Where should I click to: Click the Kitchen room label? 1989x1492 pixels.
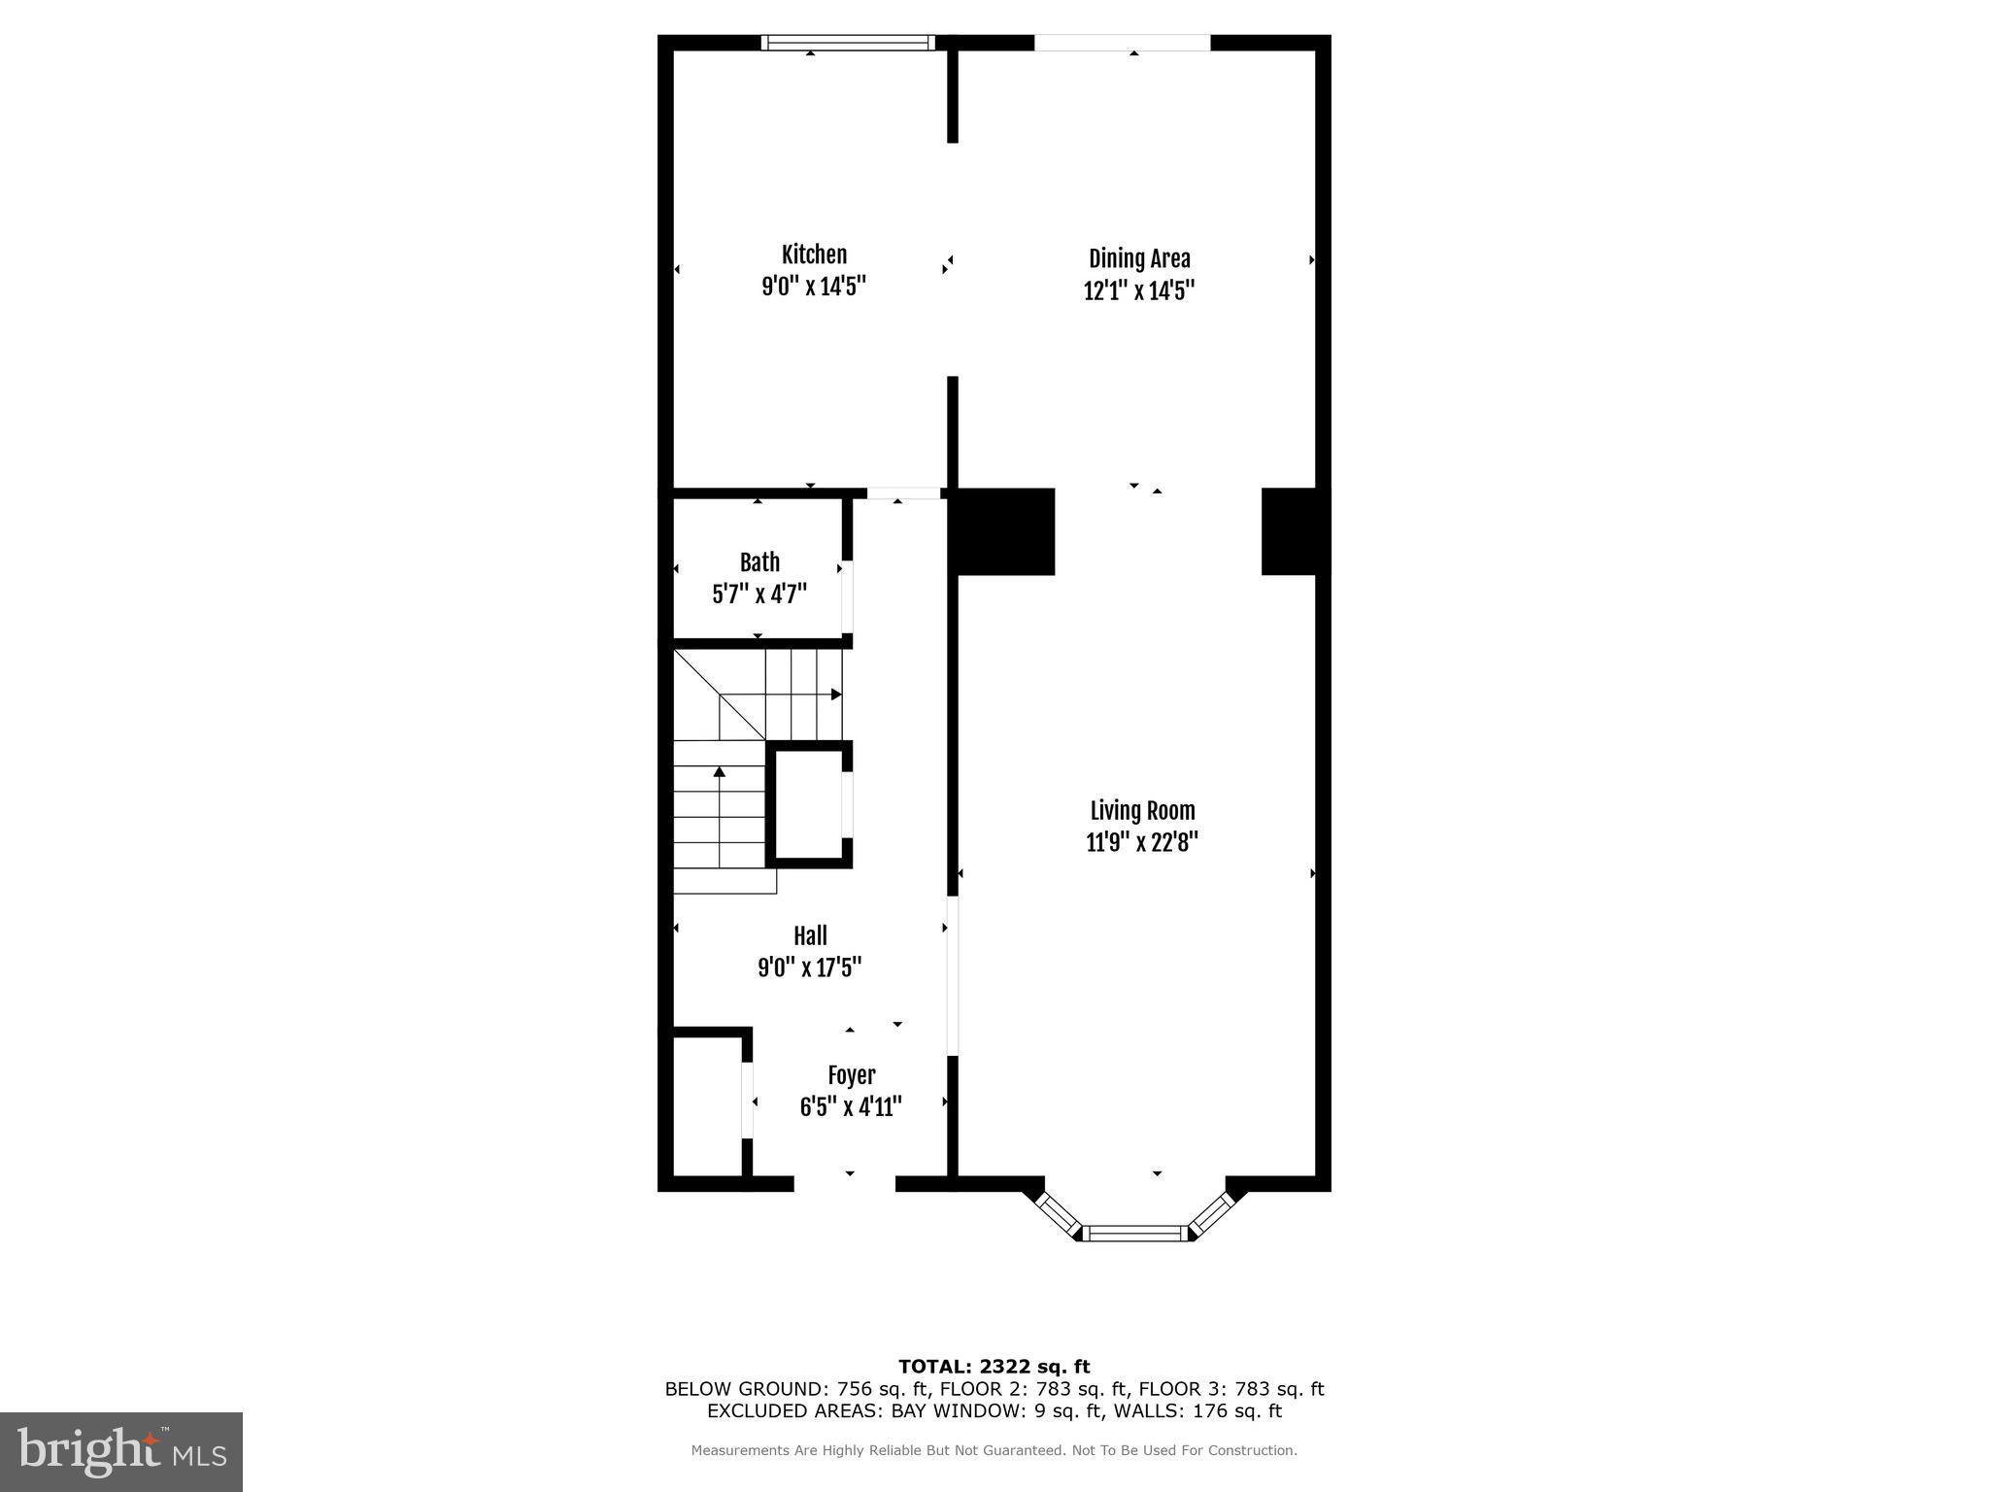tap(814, 254)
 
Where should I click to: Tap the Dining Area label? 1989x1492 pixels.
tap(1138, 258)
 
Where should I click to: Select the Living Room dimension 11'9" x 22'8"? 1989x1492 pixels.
tap(1141, 842)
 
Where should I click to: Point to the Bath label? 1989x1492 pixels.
tap(759, 562)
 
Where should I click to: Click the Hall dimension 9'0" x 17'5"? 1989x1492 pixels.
tap(810, 967)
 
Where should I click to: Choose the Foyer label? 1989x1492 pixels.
tap(851, 1075)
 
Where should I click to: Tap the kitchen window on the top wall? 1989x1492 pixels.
tap(847, 43)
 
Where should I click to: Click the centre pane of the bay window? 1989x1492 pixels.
tap(1135, 1233)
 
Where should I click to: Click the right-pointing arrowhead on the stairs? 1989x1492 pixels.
tap(835, 695)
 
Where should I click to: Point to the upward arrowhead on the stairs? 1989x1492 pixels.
tap(720, 772)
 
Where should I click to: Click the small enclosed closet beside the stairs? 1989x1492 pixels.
tap(808, 804)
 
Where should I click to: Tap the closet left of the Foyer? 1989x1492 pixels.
tap(707, 1106)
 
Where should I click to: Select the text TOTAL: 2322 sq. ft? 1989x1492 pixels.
tap(994, 1368)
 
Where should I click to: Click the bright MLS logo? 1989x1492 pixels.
tap(121, 1451)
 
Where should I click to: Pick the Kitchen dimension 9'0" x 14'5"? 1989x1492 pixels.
tap(813, 287)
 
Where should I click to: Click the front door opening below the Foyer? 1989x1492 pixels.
tap(844, 1183)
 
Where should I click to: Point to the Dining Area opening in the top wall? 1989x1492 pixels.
tap(1122, 43)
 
